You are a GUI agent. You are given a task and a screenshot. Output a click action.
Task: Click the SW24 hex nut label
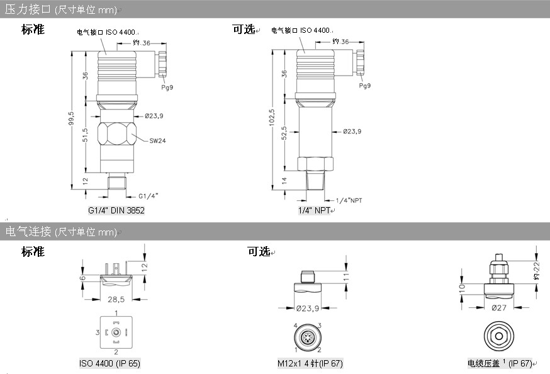pyautogui.click(x=157, y=140)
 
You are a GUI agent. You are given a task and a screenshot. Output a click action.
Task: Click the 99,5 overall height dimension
pyautogui.click(x=72, y=118)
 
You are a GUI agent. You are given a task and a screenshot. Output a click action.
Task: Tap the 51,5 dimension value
pyautogui.click(x=86, y=135)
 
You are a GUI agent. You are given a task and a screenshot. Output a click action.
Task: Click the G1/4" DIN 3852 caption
pyautogui.click(x=116, y=211)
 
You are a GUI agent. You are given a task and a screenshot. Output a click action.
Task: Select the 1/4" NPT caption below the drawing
pyautogui.click(x=315, y=211)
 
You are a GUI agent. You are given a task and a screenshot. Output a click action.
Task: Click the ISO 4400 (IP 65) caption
pyautogui.click(x=110, y=364)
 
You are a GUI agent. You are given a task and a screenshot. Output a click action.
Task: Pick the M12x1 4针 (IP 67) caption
pyautogui.click(x=310, y=364)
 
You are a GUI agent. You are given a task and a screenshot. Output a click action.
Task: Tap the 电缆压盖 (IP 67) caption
pyautogui.click(x=500, y=364)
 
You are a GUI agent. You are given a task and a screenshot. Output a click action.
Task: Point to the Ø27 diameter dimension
pyautogui.click(x=499, y=308)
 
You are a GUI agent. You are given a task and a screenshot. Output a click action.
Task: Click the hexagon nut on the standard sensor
pyautogui.click(x=117, y=135)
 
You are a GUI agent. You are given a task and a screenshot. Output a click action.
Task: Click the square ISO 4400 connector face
pyautogui.click(x=116, y=332)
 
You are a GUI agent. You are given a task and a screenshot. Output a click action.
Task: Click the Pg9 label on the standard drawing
pyautogui.click(x=167, y=88)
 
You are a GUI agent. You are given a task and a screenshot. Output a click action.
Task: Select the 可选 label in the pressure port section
pyautogui.click(x=243, y=29)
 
